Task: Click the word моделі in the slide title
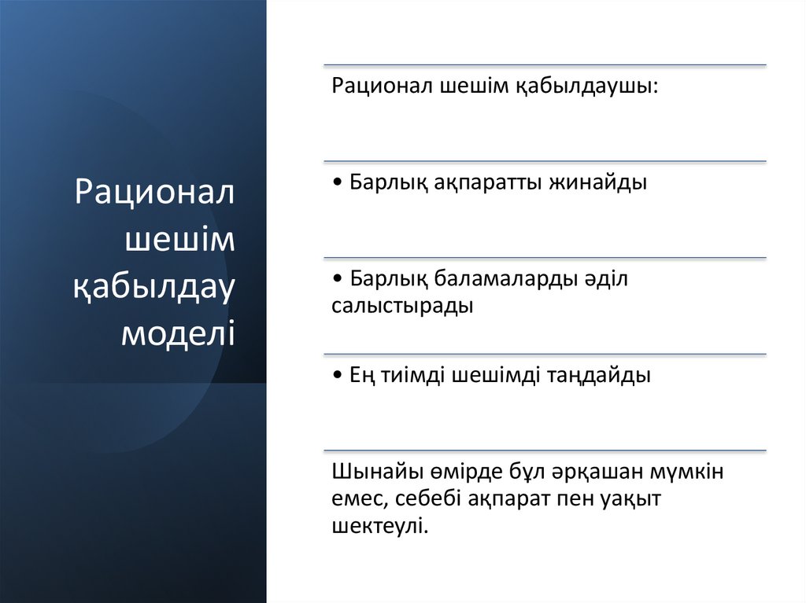click(178, 333)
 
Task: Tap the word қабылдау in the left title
click(155, 287)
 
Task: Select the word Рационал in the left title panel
click(155, 193)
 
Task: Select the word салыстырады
click(402, 307)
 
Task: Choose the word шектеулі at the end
click(379, 525)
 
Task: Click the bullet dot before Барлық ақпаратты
click(337, 183)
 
